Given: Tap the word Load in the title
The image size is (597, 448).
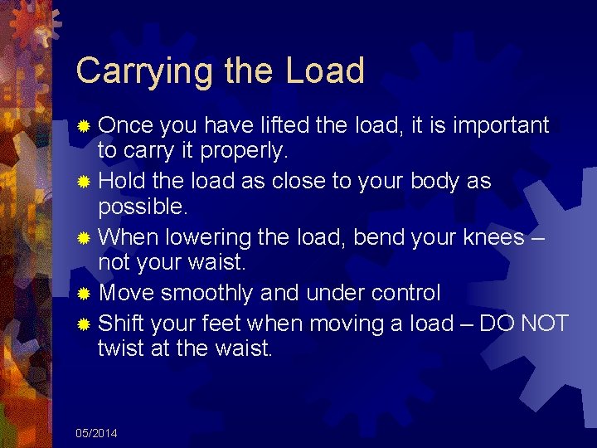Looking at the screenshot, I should pyautogui.click(x=325, y=71).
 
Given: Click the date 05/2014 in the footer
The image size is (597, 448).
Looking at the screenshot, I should pyautogui.click(x=96, y=434).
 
